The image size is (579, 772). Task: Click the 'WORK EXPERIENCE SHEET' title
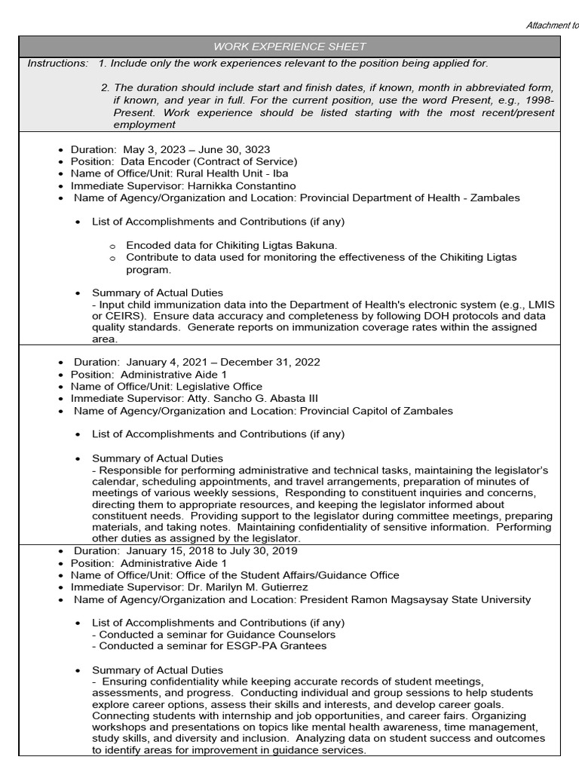click(x=289, y=47)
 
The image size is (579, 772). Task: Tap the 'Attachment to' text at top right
click(x=552, y=25)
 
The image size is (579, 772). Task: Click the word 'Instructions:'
click(x=57, y=63)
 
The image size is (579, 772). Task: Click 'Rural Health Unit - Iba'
click(x=240, y=173)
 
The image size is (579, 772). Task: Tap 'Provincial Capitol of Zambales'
click(x=376, y=410)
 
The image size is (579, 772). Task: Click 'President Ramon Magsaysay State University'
click(x=415, y=599)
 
